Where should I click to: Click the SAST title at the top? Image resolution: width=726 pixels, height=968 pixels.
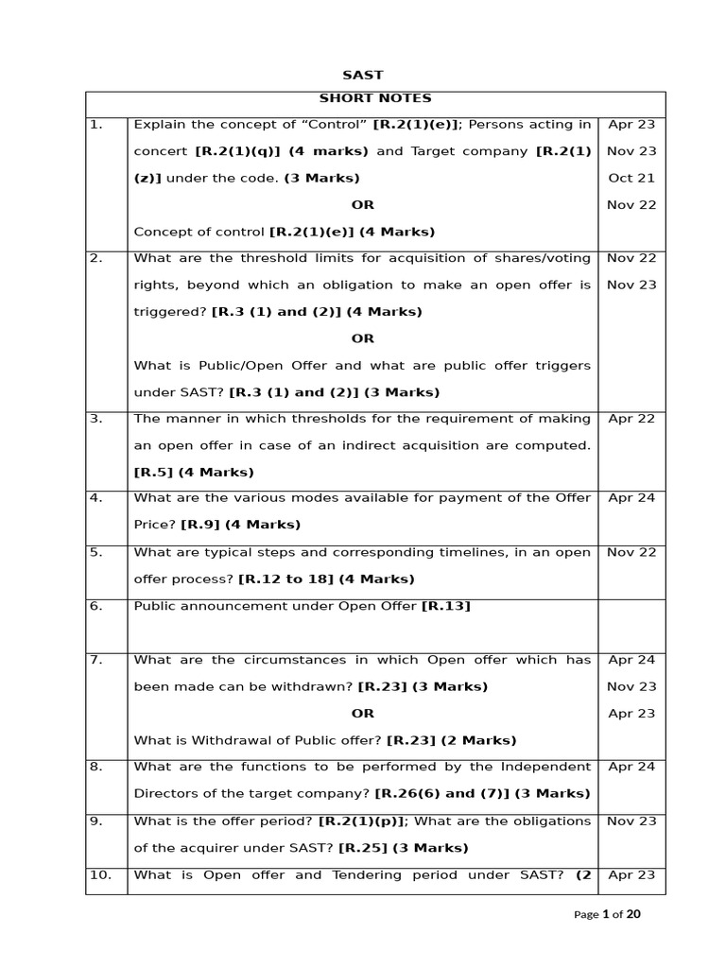tap(362, 75)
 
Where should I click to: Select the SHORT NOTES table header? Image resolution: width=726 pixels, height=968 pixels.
tap(375, 98)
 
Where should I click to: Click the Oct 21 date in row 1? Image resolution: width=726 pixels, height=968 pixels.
tap(631, 178)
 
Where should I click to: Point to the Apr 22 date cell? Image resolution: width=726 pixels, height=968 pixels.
tap(631, 418)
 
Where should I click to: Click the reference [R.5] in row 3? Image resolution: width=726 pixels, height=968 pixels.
tap(154, 472)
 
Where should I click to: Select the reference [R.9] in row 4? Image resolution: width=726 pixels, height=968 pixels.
tap(200, 525)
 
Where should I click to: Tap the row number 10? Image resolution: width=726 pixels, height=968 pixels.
tap(100, 874)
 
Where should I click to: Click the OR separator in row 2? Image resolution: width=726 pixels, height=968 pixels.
tap(362, 338)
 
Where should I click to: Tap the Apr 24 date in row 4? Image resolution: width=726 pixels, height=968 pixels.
tap(631, 497)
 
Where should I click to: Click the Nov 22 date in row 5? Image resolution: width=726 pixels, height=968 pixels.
tap(631, 552)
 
